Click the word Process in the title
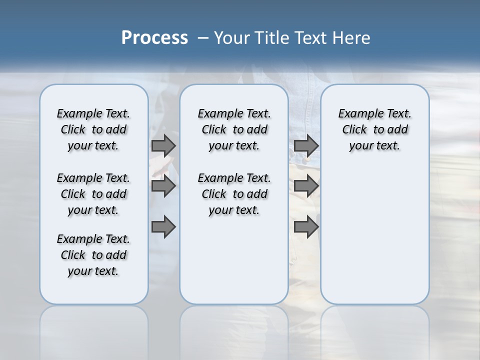(154, 38)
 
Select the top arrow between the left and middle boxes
(163, 145)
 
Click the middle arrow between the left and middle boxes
(163, 186)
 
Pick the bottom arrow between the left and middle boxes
(163, 227)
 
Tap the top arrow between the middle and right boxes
(306, 145)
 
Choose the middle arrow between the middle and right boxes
(306, 186)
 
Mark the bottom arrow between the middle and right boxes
(306, 227)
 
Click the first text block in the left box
(93, 129)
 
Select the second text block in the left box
(93, 194)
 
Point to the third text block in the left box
(93, 255)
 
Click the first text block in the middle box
(234, 129)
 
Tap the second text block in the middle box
(234, 194)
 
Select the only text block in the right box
(375, 129)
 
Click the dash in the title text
(203, 38)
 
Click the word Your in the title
(231, 38)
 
